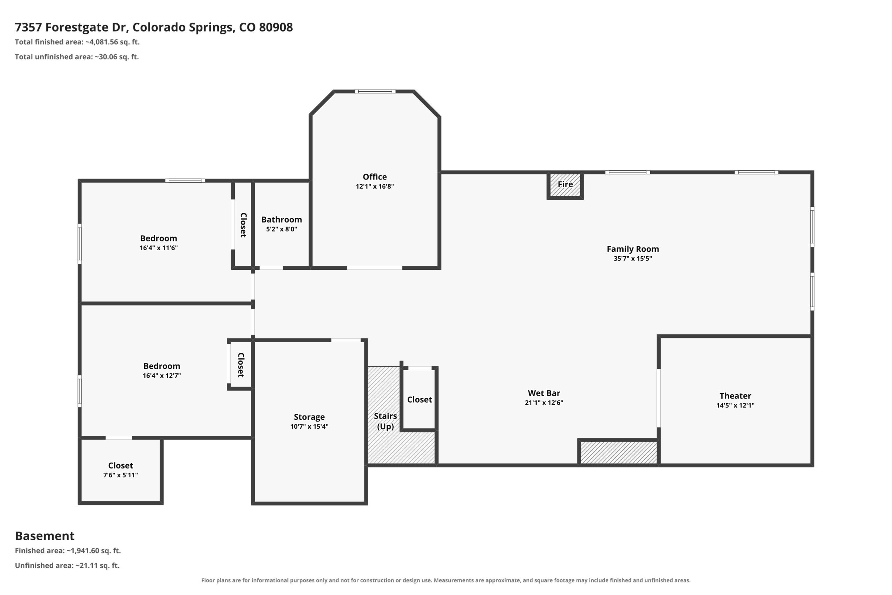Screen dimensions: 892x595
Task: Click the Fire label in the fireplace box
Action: [x=565, y=184]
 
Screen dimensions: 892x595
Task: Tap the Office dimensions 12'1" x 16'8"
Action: [x=375, y=186]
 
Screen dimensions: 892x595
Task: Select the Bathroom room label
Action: [x=282, y=220]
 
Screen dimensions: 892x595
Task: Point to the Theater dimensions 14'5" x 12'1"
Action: [x=735, y=405]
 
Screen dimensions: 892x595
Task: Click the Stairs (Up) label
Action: [x=385, y=421]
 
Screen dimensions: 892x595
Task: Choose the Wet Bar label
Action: [x=544, y=393]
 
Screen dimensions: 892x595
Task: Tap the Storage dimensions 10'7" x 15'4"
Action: [x=309, y=427]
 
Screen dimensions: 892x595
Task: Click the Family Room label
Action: [x=633, y=249]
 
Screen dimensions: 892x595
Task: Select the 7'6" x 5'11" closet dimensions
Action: [x=121, y=475]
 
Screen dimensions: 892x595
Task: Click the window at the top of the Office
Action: [x=375, y=91]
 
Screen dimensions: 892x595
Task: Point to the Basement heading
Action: [x=45, y=536]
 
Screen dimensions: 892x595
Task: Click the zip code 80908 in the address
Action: [x=276, y=27]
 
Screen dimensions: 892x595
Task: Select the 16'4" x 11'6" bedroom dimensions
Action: [x=159, y=248]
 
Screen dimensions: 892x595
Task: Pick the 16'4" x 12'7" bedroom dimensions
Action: [x=162, y=376]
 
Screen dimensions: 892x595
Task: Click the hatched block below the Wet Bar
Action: [x=618, y=452]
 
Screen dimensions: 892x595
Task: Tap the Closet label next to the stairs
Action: [x=420, y=399]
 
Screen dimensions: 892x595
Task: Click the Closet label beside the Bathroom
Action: [x=244, y=225]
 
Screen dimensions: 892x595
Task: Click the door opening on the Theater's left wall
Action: [x=659, y=398]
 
